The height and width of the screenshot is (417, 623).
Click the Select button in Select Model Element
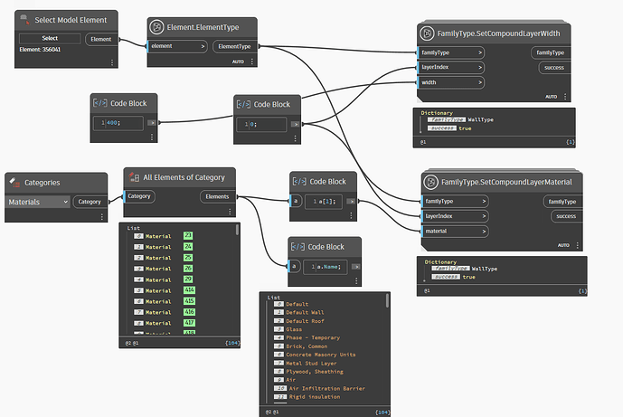[x=49, y=39]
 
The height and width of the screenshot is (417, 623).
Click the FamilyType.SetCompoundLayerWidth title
[x=500, y=33]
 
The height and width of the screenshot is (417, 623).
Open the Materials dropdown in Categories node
[x=38, y=203]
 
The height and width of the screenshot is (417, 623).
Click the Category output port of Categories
[x=89, y=202]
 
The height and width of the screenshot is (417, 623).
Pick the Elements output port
[x=218, y=196]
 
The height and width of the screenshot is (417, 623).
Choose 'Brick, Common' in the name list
[x=305, y=346]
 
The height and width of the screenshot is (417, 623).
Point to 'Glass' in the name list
[x=294, y=328]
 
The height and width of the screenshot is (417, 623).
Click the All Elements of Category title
[x=184, y=177]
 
